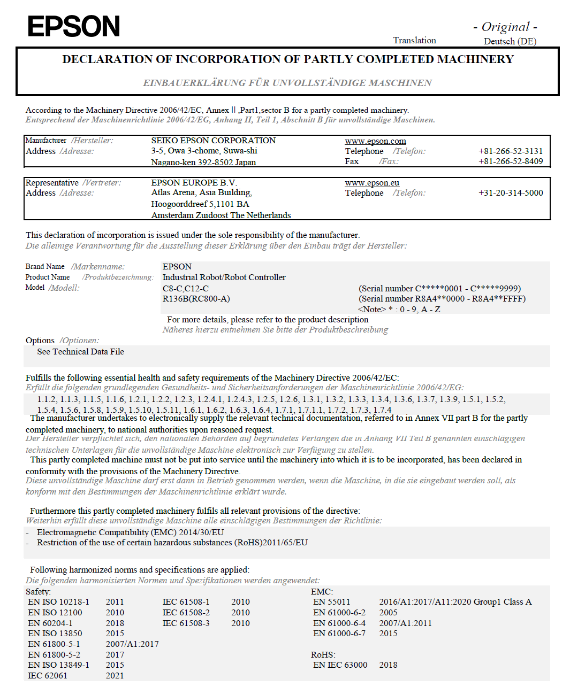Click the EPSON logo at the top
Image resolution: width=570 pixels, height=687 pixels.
click(74, 26)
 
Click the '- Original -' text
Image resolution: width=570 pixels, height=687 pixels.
click(505, 27)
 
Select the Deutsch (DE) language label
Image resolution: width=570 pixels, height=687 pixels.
click(510, 41)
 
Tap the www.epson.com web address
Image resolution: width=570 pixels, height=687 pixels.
click(375, 141)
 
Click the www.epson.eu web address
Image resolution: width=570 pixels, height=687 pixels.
click(372, 183)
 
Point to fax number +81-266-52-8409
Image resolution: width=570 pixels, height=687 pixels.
click(511, 161)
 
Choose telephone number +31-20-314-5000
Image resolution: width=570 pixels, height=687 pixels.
click(511, 193)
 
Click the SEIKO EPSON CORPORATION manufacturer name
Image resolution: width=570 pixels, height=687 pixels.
click(213, 141)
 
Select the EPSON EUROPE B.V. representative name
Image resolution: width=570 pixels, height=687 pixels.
click(194, 183)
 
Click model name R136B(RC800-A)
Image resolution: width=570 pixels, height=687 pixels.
click(196, 299)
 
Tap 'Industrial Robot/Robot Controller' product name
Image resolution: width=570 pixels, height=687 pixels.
click(224, 277)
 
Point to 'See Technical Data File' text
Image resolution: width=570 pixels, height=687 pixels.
click(80, 352)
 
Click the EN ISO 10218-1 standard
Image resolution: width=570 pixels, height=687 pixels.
click(59, 602)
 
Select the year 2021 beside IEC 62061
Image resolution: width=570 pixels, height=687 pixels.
click(115, 676)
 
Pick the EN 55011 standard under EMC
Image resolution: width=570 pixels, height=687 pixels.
click(331, 602)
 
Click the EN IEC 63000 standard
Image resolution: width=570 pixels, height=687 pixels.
click(340, 665)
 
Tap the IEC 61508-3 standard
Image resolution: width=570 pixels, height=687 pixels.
click(186, 623)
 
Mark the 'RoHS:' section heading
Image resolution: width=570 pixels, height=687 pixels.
click(323, 655)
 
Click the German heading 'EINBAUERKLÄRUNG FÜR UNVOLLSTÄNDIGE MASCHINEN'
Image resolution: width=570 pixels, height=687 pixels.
click(287, 83)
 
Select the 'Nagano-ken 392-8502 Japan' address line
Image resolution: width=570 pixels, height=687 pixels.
click(203, 163)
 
